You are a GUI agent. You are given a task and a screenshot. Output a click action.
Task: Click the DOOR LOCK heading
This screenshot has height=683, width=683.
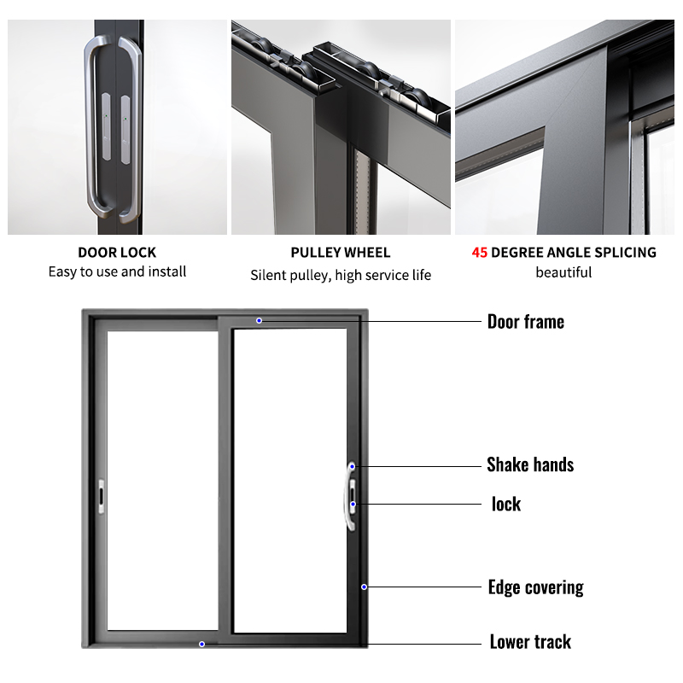[x=117, y=253]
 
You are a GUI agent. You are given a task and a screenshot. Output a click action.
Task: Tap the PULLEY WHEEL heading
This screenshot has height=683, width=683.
[x=340, y=253]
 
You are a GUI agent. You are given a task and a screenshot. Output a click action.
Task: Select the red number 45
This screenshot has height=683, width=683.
[x=480, y=253]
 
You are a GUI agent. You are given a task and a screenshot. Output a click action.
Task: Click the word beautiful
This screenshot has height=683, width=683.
[x=563, y=272]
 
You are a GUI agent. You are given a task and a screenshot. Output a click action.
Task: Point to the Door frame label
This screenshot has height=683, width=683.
[x=525, y=322]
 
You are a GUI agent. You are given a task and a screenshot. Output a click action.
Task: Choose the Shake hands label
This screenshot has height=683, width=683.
[x=529, y=465]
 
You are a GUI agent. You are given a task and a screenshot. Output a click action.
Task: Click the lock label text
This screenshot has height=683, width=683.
[x=505, y=504]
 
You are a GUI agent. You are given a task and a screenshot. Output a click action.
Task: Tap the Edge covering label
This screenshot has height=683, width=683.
[x=535, y=587]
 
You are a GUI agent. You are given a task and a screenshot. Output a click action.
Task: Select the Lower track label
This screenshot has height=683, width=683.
[x=530, y=642]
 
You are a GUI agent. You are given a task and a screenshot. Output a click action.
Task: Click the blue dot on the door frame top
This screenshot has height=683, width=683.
[x=259, y=321]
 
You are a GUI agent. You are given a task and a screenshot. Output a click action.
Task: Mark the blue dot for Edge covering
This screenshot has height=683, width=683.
[x=364, y=587]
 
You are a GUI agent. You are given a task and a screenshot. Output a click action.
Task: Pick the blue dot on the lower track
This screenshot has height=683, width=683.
[x=201, y=644]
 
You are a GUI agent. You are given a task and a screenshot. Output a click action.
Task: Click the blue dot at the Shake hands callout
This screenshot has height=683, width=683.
[x=352, y=466]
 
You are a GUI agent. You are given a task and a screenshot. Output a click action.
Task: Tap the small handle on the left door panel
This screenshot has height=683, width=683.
[x=102, y=496]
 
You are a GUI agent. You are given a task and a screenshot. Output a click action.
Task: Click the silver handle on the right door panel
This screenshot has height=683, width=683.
[x=351, y=498]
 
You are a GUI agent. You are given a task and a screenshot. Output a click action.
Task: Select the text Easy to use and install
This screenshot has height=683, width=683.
[x=117, y=272]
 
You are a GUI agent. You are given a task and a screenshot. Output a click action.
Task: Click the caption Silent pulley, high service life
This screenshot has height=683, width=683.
[x=340, y=275]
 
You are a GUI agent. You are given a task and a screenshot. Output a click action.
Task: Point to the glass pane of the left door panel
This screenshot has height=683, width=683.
[x=162, y=478]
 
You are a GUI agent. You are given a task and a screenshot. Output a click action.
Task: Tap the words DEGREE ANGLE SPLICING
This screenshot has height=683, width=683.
[x=574, y=253]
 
